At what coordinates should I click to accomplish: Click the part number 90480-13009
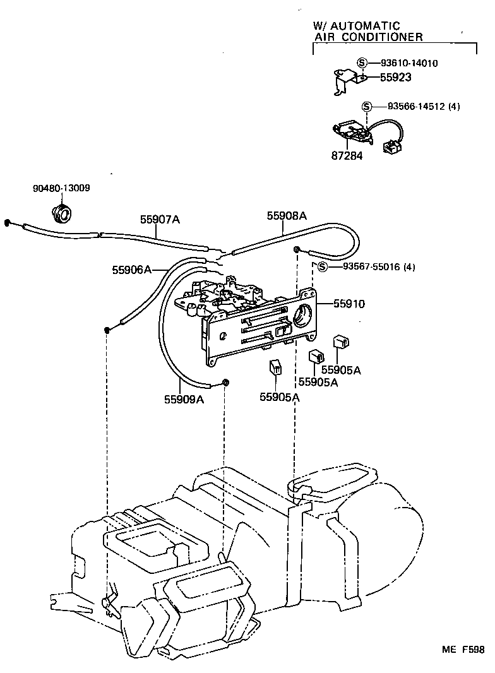(x=61, y=188)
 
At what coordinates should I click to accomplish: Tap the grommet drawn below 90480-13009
(x=63, y=214)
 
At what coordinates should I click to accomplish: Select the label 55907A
(x=160, y=219)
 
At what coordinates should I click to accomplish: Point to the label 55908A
(x=286, y=215)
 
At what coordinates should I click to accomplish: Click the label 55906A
(x=132, y=270)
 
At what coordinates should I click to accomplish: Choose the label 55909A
(x=184, y=399)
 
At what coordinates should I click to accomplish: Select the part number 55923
(x=396, y=77)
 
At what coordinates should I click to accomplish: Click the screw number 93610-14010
(x=409, y=63)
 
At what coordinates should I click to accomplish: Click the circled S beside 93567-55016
(x=322, y=267)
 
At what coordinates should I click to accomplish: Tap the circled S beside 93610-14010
(x=362, y=63)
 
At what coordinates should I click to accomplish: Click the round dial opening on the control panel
(x=302, y=313)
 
